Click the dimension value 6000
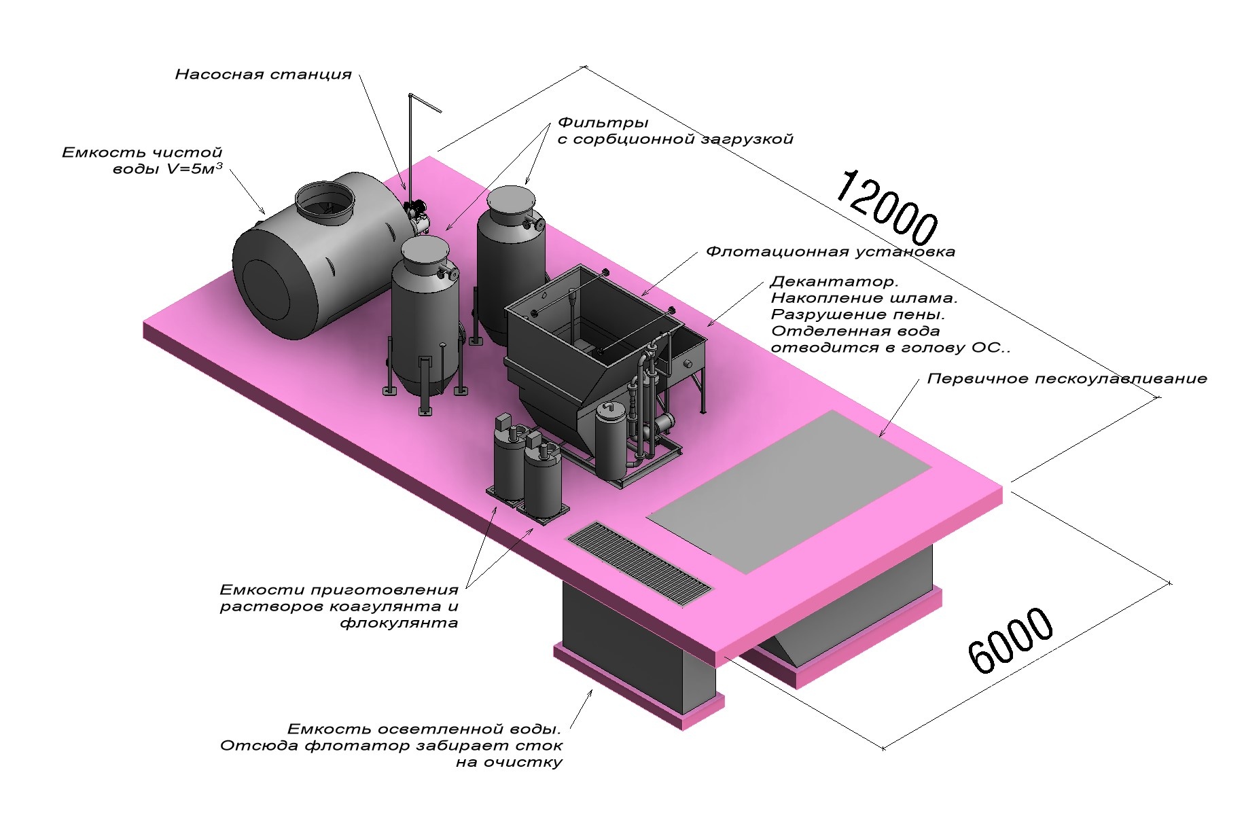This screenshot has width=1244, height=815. pos(1010,640)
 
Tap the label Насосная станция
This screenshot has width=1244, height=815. pos(264,75)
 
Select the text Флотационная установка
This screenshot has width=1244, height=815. pos(830,252)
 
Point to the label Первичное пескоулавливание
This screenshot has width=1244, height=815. pos(1067,379)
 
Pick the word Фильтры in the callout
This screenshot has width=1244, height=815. pos(603,124)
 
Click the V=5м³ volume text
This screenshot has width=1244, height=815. pos(194,169)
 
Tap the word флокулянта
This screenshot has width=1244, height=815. pos(399,623)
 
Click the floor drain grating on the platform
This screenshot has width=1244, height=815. pos(639,562)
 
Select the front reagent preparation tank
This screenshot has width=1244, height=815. pos(542,480)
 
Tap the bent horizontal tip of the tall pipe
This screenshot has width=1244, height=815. pos(427,103)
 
